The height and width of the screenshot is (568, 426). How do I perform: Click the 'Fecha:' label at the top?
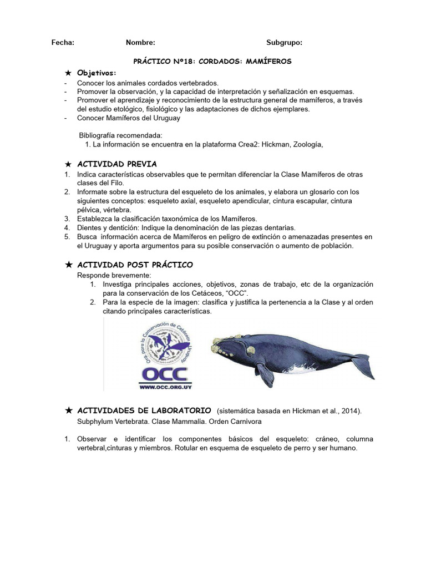[x=63, y=42]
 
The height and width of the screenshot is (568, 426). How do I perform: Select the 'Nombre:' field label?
[x=140, y=42]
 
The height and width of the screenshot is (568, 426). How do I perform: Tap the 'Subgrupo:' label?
[x=284, y=42]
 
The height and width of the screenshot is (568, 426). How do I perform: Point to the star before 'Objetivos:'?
[x=68, y=73]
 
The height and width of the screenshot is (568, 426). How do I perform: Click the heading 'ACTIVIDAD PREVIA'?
[x=116, y=164]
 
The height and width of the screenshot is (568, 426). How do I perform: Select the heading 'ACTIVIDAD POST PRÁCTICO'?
[x=135, y=265]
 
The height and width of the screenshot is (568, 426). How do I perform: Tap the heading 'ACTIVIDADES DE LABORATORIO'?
[x=144, y=410]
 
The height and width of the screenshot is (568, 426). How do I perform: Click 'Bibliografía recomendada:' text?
[x=120, y=135]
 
